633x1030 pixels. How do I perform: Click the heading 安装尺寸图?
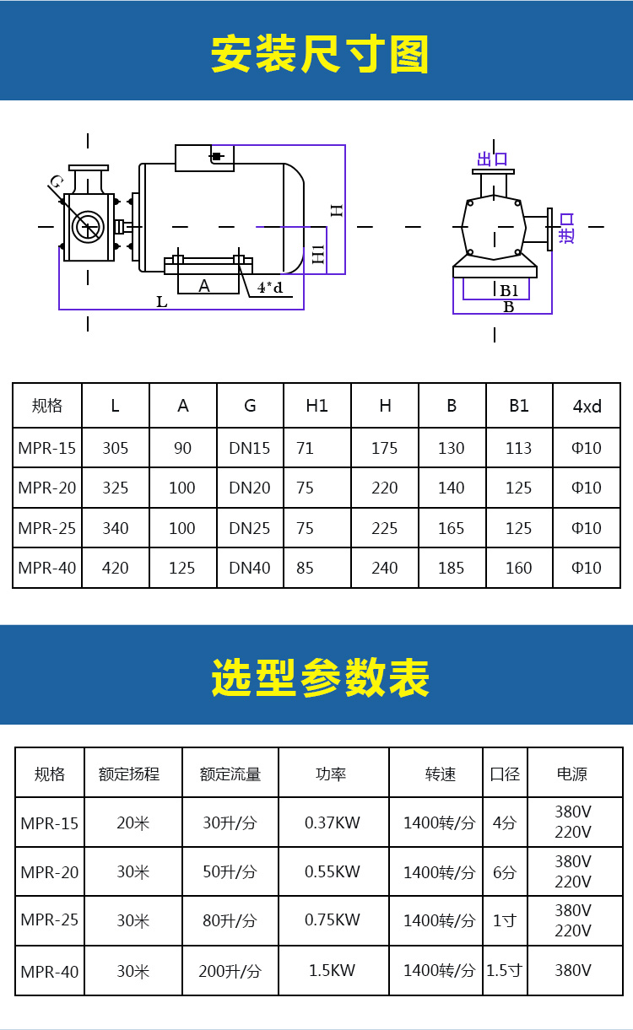(x=320, y=54)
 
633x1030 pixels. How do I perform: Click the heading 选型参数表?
(x=320, y=677)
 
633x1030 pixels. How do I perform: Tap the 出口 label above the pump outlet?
(x=492, y=159)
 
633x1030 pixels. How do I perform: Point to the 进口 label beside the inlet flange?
(x=566, y=228)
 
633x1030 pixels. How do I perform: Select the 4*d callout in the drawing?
(x=270, y=288)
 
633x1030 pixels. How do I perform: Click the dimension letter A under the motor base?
(x=204, y=286)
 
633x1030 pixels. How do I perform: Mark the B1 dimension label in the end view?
(x=509, y=290)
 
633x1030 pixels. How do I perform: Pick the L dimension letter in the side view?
(x=161, y=302)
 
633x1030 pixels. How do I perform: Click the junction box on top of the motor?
(x=205, y=159)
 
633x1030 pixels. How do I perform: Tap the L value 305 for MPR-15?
(x=116, y=448)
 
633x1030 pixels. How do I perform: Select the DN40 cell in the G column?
(x=250, y=568)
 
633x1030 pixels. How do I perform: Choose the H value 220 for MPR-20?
(x=385, y=488)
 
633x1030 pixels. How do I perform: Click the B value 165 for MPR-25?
(x=452, y=528)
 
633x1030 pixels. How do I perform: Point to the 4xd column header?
(x=587, y=406)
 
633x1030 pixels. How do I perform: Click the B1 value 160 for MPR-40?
(x=519, y=568)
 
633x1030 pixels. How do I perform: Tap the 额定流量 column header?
(x=230, y=774)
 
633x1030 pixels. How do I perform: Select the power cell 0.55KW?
(x=333, y=871)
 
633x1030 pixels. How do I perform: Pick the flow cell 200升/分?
(x=230, y=971)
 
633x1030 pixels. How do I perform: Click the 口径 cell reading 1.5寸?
(x=504, y=970)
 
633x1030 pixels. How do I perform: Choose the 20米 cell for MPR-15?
(x=133, y=822)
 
